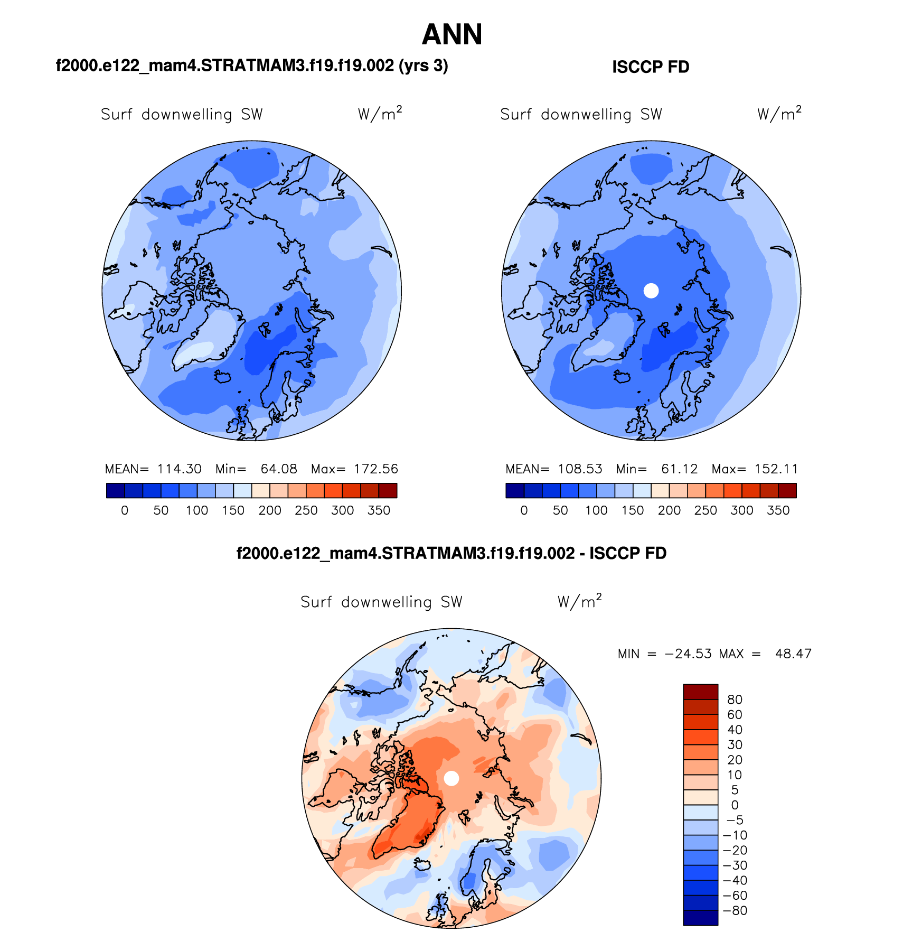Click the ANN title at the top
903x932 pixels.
tap(452, 35)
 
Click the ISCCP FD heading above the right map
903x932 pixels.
tap(651, 67)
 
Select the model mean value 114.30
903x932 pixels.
tap(180, 469)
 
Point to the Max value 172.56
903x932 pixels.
tap(376, 469)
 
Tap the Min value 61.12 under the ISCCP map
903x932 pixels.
tap(680, 469)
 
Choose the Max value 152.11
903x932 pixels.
tap(776, 469)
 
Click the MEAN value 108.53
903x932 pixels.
tap(580, 469)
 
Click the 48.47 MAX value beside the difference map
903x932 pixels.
tap(793, 654)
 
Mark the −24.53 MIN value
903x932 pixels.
tap(688, 654)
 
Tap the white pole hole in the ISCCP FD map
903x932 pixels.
tap(651, 291)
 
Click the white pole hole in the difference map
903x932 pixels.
tap(451, 778)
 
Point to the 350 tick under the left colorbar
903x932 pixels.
tap(379, 510)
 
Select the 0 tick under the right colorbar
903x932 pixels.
tap(524, 510)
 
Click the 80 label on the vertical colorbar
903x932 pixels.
tap(735, 700)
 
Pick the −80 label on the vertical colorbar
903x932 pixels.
tap(735, 910)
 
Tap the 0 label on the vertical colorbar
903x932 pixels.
tap(735, 805)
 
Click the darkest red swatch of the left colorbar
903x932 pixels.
tap(388, 491)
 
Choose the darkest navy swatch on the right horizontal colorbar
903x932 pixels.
tap(515, 491)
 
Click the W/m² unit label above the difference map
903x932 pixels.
tap(579, 602)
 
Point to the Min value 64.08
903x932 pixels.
tap(279, 469)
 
